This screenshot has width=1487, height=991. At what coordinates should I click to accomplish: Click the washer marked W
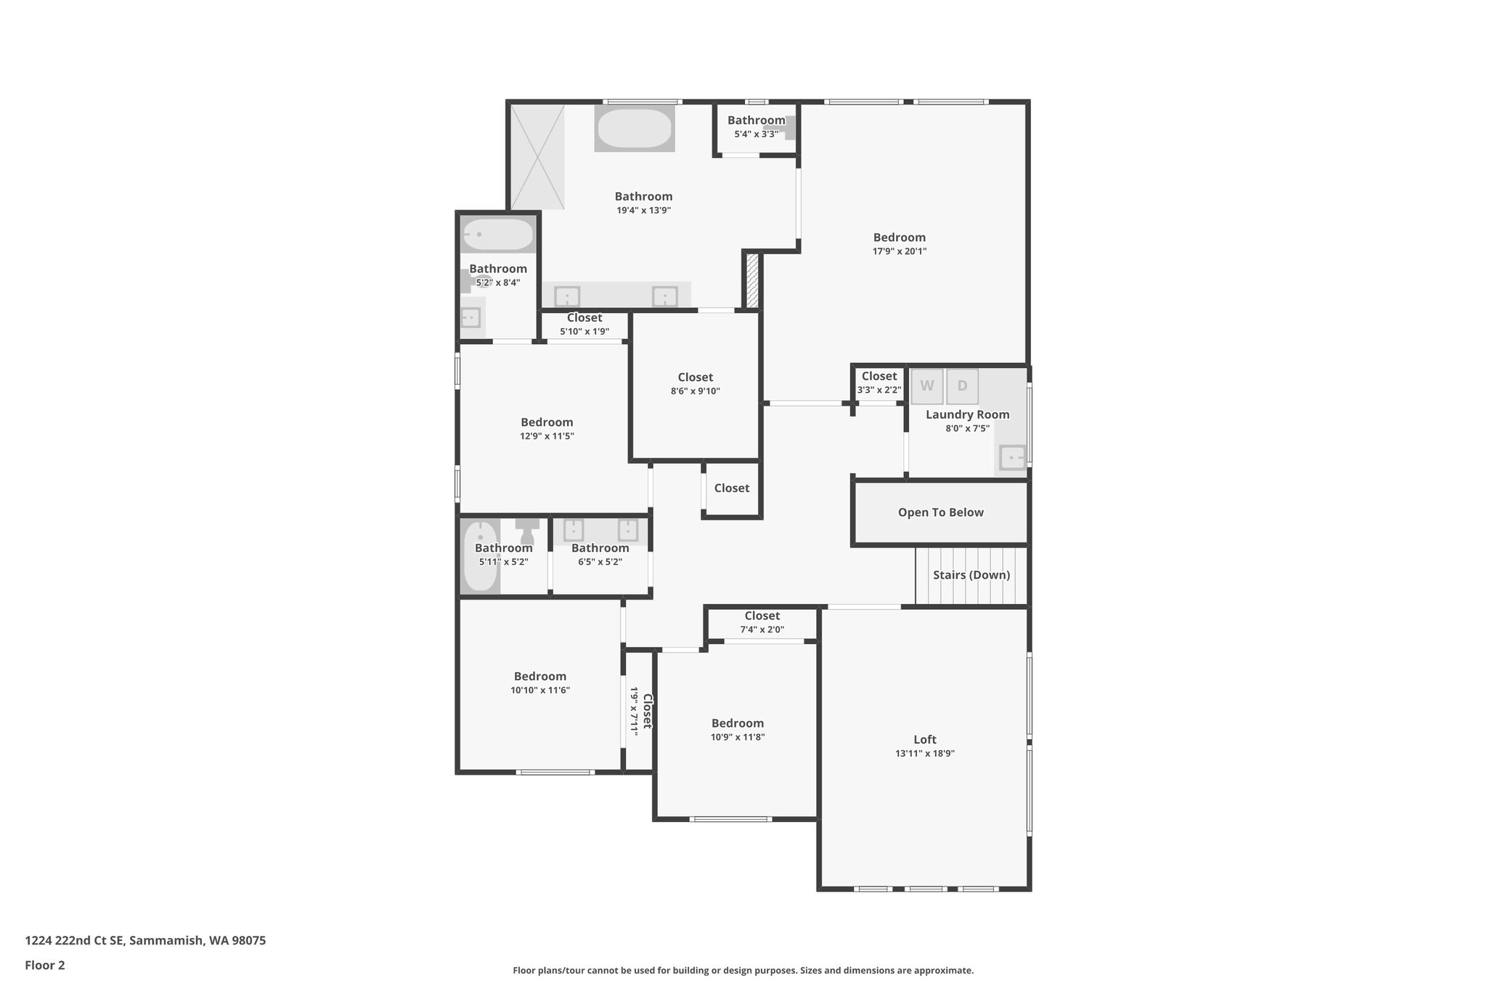coord(927,386)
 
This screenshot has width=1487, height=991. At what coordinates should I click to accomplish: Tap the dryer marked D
coord(962,386)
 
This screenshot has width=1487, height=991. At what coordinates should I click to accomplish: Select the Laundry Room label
coord(967,415)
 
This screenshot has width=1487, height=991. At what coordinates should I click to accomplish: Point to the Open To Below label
coord(940,513)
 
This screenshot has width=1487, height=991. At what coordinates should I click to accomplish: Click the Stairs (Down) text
coord(971,575)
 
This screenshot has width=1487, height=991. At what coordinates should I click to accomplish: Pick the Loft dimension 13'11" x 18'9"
coord(924,754)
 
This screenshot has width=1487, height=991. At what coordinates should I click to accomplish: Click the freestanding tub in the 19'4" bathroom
coord(635,129)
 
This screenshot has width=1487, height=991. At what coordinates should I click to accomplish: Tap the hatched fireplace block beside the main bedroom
coord(753,280)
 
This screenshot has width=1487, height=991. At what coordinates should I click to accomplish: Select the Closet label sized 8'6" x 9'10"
coord(695,378)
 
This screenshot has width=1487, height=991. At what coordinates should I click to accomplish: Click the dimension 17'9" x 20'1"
coord(899,252)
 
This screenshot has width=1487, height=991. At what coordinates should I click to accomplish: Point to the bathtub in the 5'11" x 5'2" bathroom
coord(480,557)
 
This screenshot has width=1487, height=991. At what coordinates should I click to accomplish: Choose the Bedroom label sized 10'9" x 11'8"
coord(737,723)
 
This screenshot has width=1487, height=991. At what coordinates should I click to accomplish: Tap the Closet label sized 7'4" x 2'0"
coord(762,616)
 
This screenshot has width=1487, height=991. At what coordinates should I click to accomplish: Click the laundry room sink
coord(1011,458)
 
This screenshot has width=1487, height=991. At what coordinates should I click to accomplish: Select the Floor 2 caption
coord(45,965)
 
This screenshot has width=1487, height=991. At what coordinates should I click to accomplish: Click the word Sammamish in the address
coord(167,941)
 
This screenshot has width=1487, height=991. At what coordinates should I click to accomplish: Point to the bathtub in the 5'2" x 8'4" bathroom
coord(498,235)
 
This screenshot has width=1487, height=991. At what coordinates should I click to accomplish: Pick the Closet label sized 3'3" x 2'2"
coord(879,376)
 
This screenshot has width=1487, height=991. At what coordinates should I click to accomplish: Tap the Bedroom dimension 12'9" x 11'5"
coord(547,436)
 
